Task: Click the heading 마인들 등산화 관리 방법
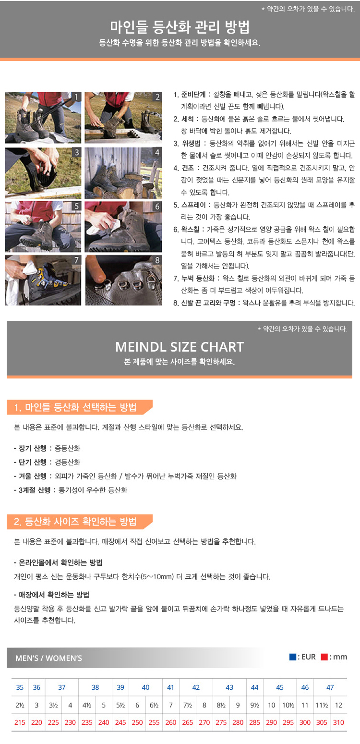point(180,27)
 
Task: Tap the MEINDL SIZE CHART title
point(180,347)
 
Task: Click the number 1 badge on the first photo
point(77,97)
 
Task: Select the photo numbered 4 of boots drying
point(123,173)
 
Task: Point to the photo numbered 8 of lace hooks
point(123,280)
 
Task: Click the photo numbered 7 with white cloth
point(43,280)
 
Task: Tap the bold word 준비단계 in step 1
point(193,95)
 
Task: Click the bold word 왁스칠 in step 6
point(190,230)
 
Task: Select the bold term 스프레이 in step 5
point(193,205)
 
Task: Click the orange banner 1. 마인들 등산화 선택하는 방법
point(79,407)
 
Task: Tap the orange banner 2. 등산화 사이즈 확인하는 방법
point(79,522)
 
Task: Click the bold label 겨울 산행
point(32,476)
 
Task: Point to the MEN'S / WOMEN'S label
point(49,658)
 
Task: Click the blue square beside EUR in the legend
point(293,657)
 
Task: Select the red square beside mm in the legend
point(324,657)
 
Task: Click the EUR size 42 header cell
point(196,687)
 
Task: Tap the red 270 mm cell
point(204,722)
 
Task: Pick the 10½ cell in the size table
point(288,705)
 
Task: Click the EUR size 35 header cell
point(20,687)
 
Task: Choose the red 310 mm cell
point(338,722)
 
